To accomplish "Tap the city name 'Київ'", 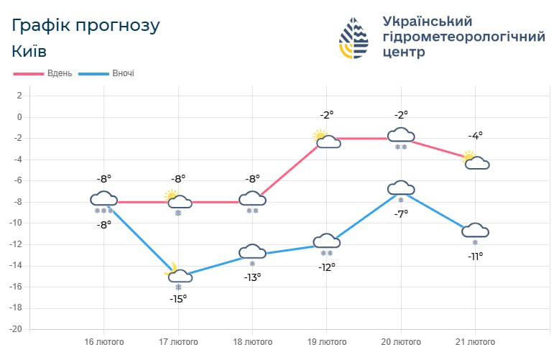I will coord(30,52).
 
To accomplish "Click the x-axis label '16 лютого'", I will coord(104,341).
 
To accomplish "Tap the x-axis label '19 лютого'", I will coord(327,341).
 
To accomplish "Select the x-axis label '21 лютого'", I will coord(476,341).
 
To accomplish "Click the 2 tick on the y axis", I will coord(19,96).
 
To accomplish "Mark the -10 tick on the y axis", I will coord(17,223).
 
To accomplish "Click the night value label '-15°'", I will coord(178,298).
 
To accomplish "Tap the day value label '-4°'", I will coord(476,135).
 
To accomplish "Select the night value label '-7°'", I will coord(401,213).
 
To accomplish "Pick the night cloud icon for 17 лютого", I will coord(179,275).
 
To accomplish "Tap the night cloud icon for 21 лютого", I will coord(476,230).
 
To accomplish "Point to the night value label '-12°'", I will coord(327,267).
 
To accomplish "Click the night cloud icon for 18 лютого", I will coord(252,251).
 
